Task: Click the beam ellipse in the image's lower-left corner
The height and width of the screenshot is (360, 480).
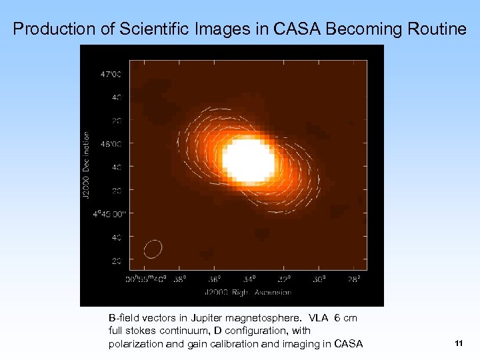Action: pos(153,249)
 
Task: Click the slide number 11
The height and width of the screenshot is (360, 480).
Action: pos(458,343)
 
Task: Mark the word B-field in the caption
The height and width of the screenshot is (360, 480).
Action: pos(123,318)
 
